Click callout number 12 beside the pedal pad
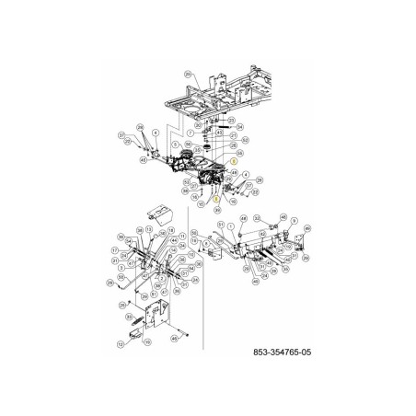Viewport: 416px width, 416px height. pos(121,343)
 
